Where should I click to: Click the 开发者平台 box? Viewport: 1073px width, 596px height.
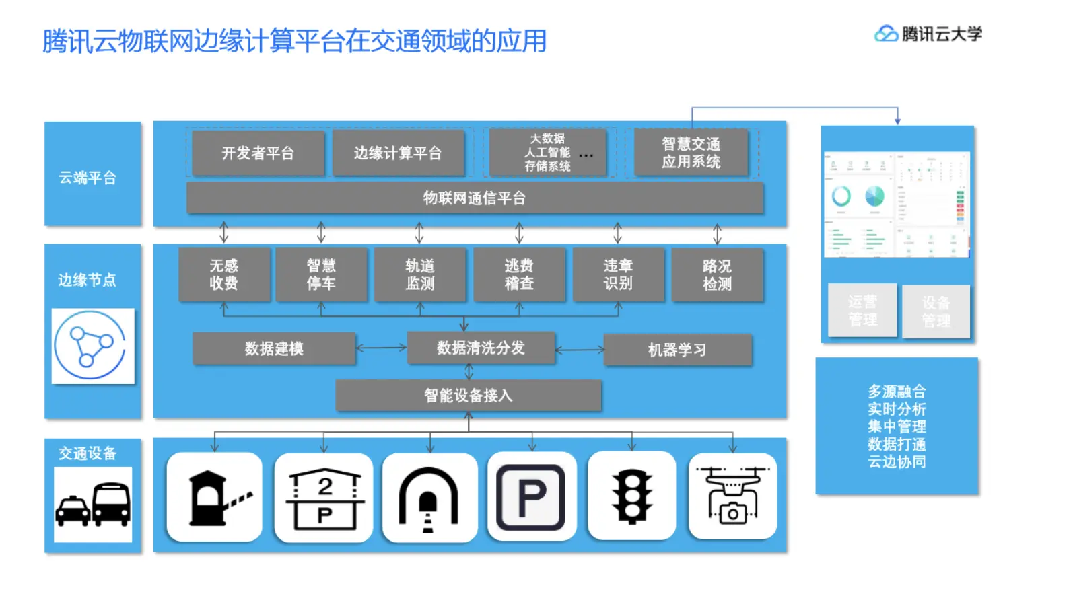pos(258,153)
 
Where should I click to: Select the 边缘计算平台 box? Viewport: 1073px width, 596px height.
pos(398,153)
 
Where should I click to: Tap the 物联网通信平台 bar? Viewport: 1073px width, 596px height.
pos(474,198)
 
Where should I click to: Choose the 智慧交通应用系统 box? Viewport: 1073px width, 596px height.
pos(691,153)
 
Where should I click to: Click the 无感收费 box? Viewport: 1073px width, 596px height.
pos(223,274)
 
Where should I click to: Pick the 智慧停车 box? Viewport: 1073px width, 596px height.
pos(321,274)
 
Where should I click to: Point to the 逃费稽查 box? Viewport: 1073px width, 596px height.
pos(519,274)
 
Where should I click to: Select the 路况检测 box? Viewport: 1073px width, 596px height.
pos(717,274)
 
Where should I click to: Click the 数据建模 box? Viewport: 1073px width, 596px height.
pos(274,348)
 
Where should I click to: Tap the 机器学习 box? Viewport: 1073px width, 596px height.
pos(677,350)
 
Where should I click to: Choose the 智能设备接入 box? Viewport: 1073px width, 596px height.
pos(469,396)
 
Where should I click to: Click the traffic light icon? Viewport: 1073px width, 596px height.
pos(631,496)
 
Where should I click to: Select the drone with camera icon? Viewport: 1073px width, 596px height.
pos(732,496)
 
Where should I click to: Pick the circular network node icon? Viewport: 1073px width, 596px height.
pos(92,346)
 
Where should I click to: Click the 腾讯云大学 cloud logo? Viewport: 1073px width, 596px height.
pos(886,33)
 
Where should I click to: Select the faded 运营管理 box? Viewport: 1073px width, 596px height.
pos(862,310)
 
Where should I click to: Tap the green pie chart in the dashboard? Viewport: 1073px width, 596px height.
pos(874,196)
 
